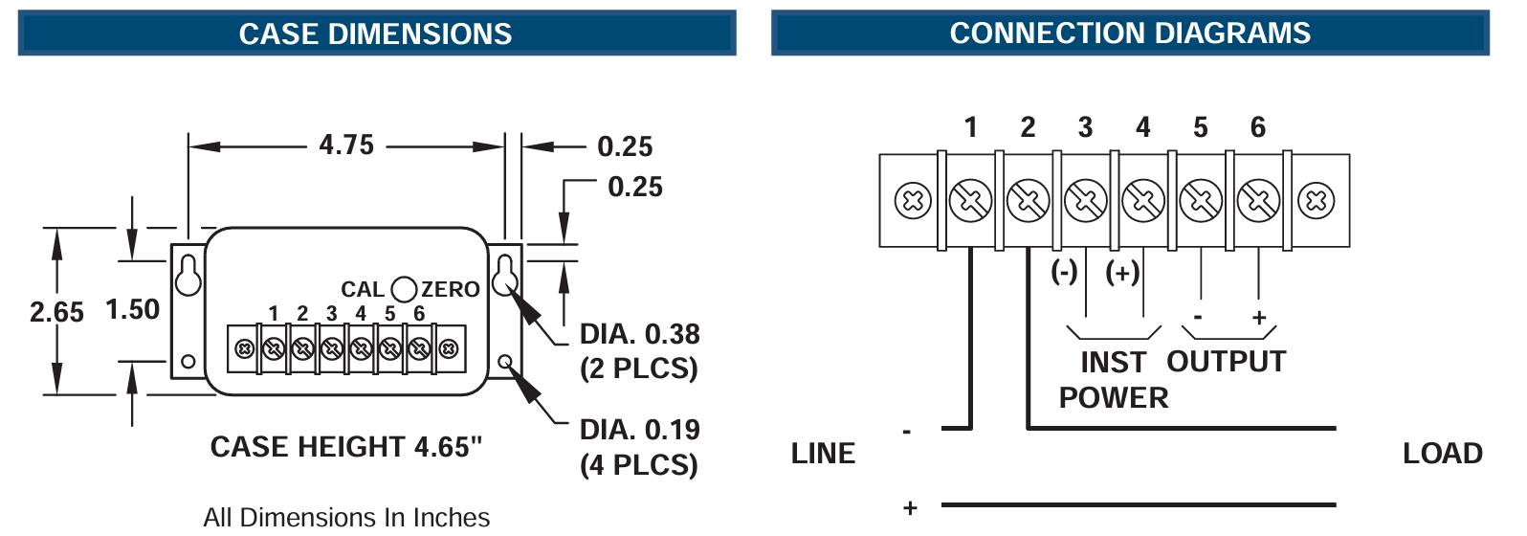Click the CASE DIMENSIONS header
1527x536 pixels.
pyautogui.click(x=375, y=33)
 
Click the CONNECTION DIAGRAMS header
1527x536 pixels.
pyautogui.click(x=1129, y=33)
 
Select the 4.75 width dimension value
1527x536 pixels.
pyautogui.click(x=346, y=145)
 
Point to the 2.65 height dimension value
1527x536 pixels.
pyautogui.click(x=56, y=312)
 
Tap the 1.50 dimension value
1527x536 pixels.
pyautogui.click(x=132, y=309)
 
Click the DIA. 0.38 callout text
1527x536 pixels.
pyautogui.click(x=639, y=334)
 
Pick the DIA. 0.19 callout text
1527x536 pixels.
pyautogui.click(x=639, y=430)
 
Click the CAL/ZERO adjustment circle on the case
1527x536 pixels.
pyautogui.click(x=405, y=289)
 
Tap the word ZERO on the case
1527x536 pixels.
pyautogui.click(x=451, y=289)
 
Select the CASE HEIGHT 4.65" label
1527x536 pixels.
pyautogui.click(x=345, y=447)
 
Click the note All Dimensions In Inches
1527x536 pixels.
pyautogui.click(x=345, y=518)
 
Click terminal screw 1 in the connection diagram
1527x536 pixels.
pyautogui.click(x=970, y=201)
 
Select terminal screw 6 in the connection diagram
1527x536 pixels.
pyautogui.click(x=1258, y=201)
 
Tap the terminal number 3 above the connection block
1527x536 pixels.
pyautogui.click(x=1085, y=127)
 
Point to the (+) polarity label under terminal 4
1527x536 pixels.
pyautogui.click(x=1122, y=273)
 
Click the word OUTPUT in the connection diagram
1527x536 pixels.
pyautogui.click(x=1226, y=362)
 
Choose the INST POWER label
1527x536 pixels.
pyautogui.click(x=1113, y=380)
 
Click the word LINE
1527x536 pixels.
pyautogui.click(x=823, y=454)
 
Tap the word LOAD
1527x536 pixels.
pyautogui.click(x=1442, y=454)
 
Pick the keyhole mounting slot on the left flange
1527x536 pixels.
pyautogui.click(x=188, y=276)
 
